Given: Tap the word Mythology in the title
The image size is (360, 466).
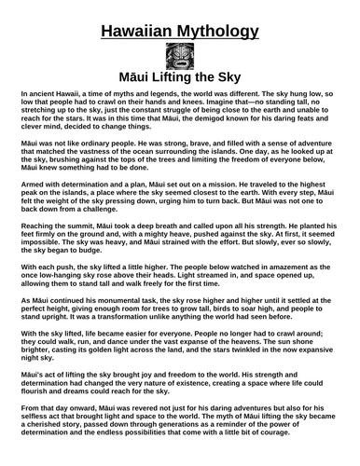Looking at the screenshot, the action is pyautogui.click(x=222, y=33).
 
